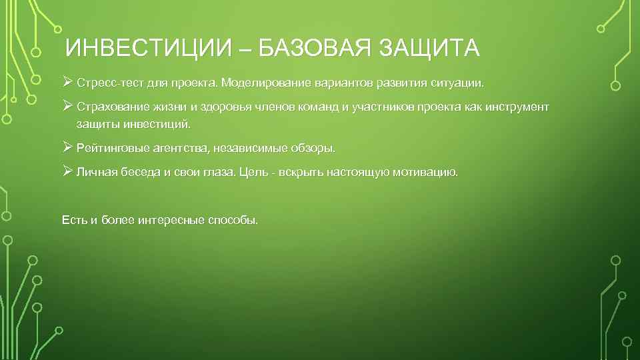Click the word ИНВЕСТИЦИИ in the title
147,48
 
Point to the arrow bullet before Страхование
67,106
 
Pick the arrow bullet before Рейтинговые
67,147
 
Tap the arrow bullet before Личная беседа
67,171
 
